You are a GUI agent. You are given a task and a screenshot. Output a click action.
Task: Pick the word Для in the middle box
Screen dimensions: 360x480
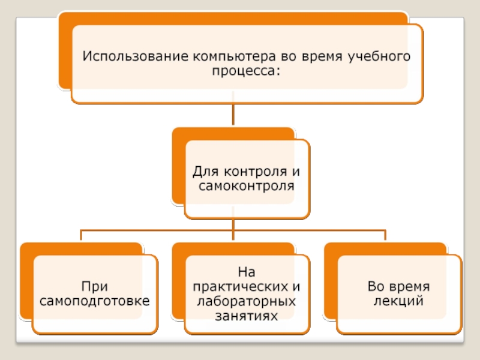204,172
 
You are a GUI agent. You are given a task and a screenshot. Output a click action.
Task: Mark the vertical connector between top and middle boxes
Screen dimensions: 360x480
233,115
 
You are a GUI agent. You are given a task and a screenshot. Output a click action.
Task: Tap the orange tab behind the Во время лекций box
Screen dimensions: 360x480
329,282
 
